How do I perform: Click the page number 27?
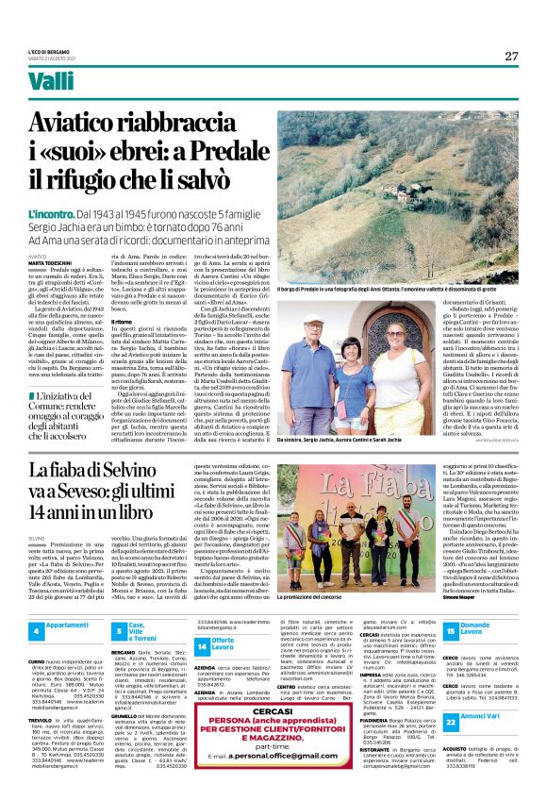[x=510, y=56]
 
